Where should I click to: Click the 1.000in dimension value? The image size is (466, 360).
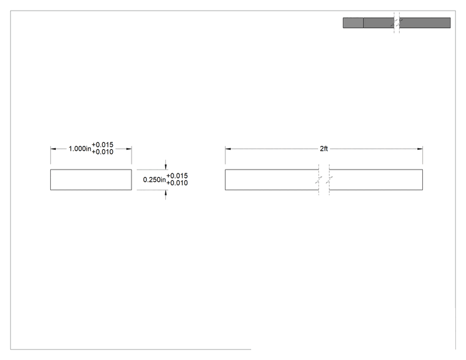(x=80, y=148)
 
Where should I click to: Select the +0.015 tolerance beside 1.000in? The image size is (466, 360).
(x=103, y=145)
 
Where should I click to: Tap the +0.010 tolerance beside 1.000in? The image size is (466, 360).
(x=103, y=152)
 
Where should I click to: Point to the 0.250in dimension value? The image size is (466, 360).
(x=154, y=180)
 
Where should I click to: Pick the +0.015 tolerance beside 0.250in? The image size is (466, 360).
(x=177, y=176)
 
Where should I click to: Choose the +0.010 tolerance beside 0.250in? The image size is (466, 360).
(x=177, y=183)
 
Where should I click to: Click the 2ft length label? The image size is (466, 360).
(x=324, y=148)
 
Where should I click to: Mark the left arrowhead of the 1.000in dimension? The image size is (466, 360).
(x=53, y=149)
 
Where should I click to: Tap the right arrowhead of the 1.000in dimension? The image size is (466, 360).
(x=128, y=149)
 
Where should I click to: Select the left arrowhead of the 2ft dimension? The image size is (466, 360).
(x=228, y=149)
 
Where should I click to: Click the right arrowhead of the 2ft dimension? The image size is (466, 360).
(x=420, y=149)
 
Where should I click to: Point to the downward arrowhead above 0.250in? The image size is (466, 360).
(x=165, y=167)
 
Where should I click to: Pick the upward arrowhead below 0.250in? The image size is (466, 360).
(x=165, y=193)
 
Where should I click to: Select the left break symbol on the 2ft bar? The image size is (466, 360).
(x=319, y=180)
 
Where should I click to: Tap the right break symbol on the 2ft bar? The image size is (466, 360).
(x=329, y=180)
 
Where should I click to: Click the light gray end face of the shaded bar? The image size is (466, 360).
(x=353, y=23)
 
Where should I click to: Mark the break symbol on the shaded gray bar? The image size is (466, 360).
(x=396, y=23)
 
